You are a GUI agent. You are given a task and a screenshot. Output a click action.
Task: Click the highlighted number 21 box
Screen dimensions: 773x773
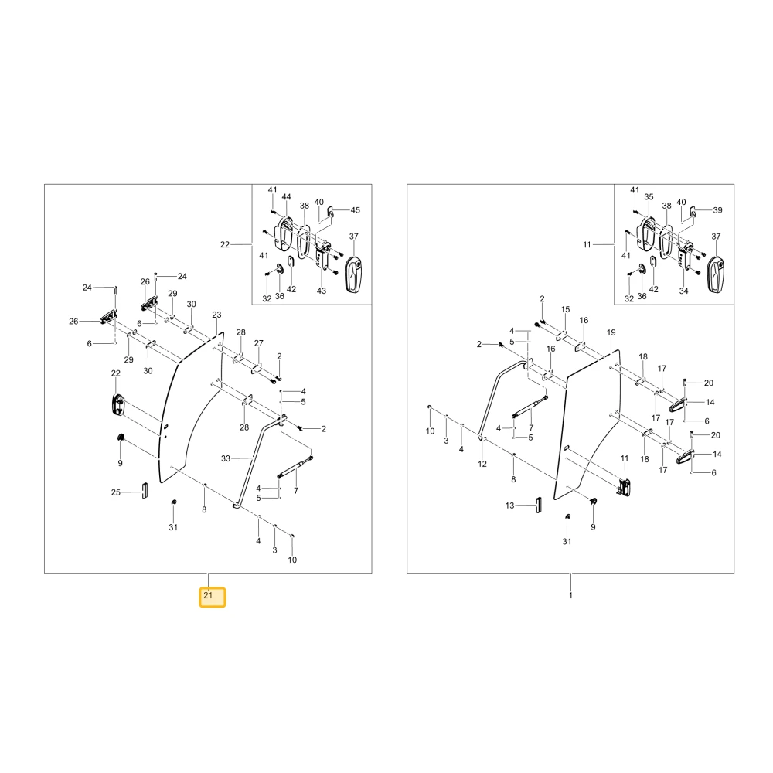coord(212,597)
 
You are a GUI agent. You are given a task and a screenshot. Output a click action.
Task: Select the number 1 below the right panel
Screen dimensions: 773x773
coord(570,595)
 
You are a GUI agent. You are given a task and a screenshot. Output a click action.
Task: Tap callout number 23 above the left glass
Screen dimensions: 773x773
coord(217,315)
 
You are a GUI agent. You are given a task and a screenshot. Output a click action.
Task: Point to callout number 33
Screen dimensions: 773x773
coord(226,458)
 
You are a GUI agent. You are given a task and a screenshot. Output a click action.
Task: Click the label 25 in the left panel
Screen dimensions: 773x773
coord(116,492)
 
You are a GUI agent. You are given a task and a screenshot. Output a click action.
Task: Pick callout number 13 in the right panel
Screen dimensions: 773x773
coord(509,506)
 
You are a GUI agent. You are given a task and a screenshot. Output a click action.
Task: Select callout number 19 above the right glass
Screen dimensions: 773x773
coord(611,332)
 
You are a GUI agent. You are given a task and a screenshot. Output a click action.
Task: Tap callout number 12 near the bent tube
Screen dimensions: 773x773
coord(482,464)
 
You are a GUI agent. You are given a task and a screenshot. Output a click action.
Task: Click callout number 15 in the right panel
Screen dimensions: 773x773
coord(566,310)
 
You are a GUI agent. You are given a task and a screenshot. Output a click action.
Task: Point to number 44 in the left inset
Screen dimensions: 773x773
coord(287,196)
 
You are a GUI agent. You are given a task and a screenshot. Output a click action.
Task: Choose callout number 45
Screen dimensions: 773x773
coord(356,210)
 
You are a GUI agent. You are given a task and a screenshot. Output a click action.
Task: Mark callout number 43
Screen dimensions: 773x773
coord(322,291)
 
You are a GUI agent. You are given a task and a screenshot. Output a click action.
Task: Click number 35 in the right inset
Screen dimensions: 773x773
coord(649,196)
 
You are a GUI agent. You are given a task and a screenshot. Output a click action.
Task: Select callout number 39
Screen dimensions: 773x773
coord(718,210)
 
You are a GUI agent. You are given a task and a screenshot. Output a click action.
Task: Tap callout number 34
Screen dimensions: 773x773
coord(684,291)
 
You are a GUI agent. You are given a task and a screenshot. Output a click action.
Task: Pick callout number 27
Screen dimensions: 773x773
coord(259,343)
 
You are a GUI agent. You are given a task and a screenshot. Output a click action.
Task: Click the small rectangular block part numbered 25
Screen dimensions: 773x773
coord(145,491)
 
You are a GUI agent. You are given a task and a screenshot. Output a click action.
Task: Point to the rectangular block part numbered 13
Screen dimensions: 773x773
coord(539,505)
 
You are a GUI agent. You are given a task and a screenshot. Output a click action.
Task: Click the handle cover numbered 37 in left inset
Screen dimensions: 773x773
coord(354,274)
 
